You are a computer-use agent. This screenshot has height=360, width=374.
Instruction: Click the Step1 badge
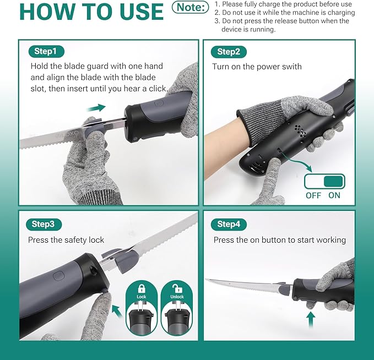[46, 51]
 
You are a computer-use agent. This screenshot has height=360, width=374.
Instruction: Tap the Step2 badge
[229, 52]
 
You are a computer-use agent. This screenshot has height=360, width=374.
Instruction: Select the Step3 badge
[44, 224]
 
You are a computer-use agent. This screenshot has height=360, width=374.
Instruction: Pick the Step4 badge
[229, 224]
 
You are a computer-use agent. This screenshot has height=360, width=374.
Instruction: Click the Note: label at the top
[191, 7]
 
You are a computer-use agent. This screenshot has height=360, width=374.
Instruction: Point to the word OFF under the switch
[313, 195]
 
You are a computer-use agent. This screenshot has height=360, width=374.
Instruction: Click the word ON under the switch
[334, 195]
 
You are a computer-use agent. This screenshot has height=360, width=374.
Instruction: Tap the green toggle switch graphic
[324, 182]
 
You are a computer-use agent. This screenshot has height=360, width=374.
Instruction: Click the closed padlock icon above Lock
[142, 288]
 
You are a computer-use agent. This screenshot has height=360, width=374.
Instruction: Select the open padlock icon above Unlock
[177, 288]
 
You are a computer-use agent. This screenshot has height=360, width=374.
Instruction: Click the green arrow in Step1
[96, 108]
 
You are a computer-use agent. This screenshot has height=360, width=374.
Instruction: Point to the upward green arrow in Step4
[311, 320]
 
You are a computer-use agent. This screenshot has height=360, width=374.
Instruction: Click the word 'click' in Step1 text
[157, 89]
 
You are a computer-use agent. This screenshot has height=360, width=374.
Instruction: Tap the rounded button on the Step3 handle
[58, 276]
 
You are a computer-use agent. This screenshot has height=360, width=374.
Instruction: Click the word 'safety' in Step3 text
[74, 240]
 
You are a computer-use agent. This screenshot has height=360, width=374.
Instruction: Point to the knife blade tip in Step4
[206, 280]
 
